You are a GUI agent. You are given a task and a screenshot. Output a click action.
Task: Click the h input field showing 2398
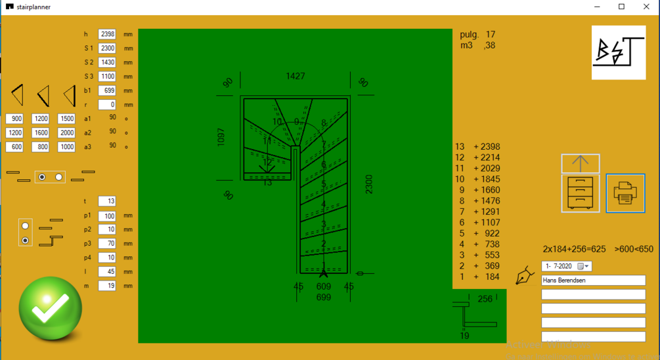(107, 34)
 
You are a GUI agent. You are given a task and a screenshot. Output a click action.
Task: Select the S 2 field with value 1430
(107, 62)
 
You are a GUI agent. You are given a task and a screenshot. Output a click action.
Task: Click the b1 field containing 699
(107, 91)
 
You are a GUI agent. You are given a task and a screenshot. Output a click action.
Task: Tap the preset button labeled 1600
(41, 133)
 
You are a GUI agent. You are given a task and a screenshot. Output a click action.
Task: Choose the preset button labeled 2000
(66, 133)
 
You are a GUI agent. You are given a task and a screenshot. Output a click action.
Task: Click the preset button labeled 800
(41, 147)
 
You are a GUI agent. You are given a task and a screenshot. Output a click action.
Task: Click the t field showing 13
(107, 201)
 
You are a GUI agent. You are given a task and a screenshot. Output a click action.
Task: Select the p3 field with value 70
(107, 244)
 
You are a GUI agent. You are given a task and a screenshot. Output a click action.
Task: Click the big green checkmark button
(51, 307)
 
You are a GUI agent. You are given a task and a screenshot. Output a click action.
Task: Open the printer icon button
(625, 193)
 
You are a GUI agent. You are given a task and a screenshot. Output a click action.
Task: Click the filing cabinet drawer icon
(581, 193)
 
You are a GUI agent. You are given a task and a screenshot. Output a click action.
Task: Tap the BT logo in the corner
(618, 53)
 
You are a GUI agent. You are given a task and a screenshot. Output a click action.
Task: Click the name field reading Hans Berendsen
(593, 281)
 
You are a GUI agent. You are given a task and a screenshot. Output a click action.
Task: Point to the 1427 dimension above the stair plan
(296, 77)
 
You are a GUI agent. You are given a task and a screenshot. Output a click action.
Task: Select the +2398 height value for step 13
(487, 146)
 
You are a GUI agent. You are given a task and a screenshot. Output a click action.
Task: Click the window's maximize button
(621, 7)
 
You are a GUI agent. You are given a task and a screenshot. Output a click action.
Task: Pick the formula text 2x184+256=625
(574, 249)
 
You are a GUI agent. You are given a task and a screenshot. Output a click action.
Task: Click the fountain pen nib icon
(524, 275)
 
